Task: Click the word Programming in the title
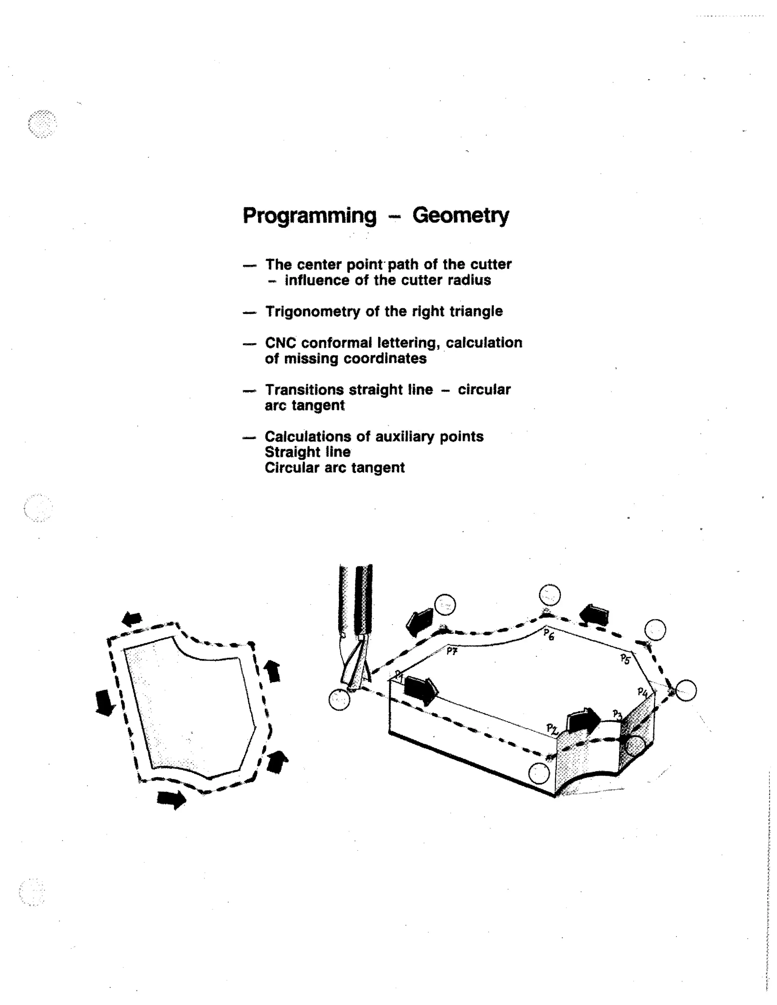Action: coord(309,216)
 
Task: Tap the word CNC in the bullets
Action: coord(280,343)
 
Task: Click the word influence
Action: coord(317,280)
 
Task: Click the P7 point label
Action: coord(451,651)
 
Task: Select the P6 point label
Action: coord(548,634)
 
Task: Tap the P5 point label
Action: coord(624,659)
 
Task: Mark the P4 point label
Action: coord(643,692)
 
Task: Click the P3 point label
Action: coord(617,714)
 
